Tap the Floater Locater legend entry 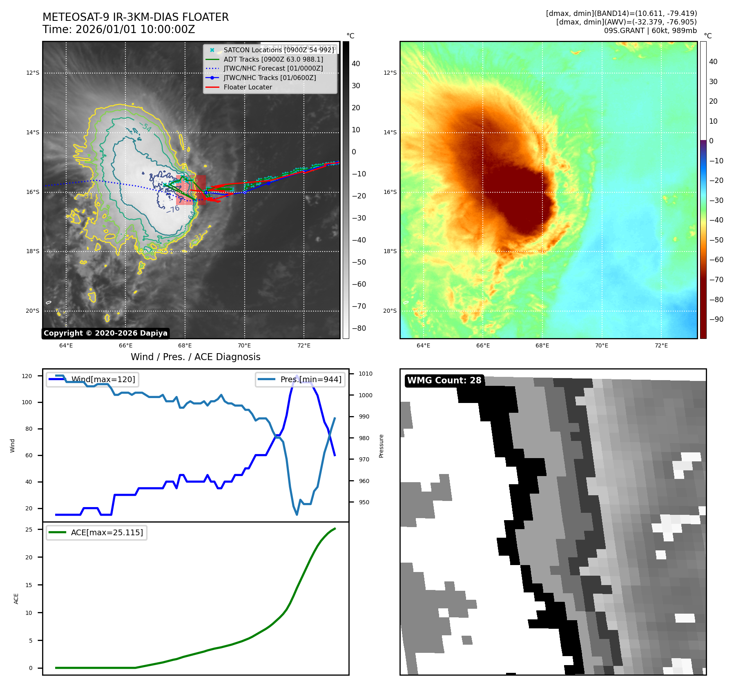pyautogui.click(x=248, y=87)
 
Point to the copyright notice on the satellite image pyautogui.click(x=105, y=333)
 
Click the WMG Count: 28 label pyautogui.click(x=444, y=381)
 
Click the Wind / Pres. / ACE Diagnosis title pyautogui.click(x=195, y=357)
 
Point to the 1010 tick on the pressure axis pyautogui.click(x=366, y=374)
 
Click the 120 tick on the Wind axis pyautogui.click(x=27, y=376)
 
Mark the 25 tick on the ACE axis pyautogui.click(x=29, y=530)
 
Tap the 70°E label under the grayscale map pyautogui.click(x=244, y=345)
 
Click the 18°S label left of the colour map pyautogui.click(x=390, y=251)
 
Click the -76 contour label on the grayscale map pyautogui.click(x=173, y=209)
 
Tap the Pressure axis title pyautogui.click(x=382, y=446)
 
